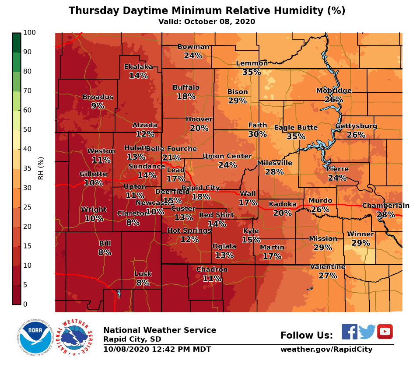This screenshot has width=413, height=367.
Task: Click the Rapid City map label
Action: [200, 188]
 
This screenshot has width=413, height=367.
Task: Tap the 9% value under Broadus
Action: [98, 106]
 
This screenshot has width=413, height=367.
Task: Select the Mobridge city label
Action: [334, 91]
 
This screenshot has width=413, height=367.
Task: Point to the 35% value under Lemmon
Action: [252, 72]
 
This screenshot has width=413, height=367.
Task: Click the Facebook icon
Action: [349, 332]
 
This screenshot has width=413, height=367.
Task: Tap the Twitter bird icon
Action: [367, 332]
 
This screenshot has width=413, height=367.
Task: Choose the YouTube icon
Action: [385, 332]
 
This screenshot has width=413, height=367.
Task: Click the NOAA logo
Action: [35, 337]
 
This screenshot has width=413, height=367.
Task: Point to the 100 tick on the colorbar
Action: [29, 33]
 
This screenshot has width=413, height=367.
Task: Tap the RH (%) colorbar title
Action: [41, 168]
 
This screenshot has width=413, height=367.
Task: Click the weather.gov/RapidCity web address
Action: [326, 350]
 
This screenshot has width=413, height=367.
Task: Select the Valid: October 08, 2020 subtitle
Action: [206, 22]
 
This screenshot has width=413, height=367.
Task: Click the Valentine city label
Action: [328, 267]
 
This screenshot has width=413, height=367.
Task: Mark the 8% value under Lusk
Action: [143, 283]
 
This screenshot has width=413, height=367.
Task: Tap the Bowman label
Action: [193, 47]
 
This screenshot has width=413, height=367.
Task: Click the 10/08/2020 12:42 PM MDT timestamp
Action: [157, 350]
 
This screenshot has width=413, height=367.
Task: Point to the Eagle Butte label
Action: [296, 128]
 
